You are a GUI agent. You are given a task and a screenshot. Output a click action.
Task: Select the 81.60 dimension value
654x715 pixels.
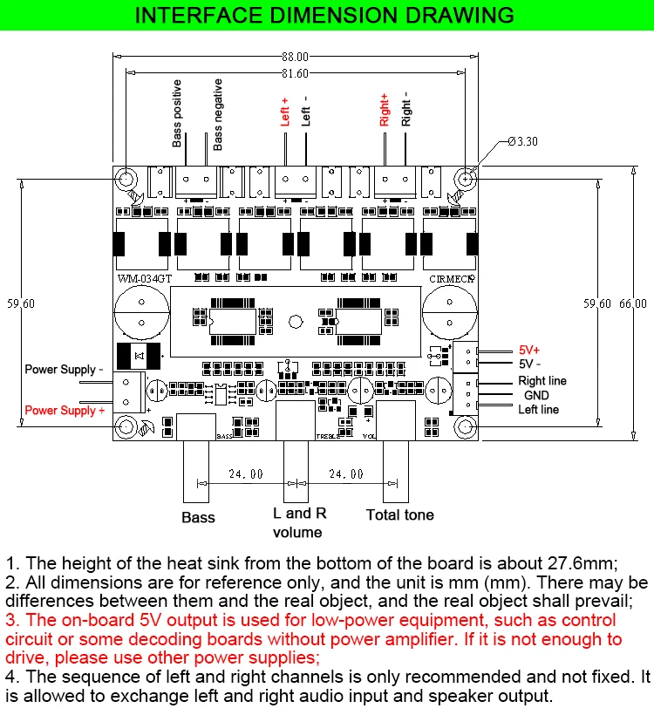click(x=296, y=74)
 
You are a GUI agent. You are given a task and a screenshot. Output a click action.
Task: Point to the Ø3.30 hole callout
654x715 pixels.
click(x=524, y=141)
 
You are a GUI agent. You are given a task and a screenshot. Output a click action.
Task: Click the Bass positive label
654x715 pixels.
click(x=178, y=113)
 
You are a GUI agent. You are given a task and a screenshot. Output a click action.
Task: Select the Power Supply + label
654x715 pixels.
click(x=65, y=410)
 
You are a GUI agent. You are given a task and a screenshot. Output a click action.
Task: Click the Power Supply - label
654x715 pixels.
click(x=64, y=370)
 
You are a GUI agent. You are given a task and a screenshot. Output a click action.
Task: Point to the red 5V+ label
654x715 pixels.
click(x=529, y=349)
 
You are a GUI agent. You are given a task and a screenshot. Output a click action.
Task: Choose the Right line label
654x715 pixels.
click(x=542, y=381)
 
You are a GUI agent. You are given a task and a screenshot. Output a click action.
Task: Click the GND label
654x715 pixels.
click(x=536, y=395)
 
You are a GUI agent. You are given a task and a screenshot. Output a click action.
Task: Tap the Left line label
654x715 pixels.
click(x=539, y=409)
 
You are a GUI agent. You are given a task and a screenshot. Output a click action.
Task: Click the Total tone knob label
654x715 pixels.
click(x=399, y=514)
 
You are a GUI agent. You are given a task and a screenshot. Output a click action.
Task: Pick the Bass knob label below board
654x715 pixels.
click(x=198, y=517)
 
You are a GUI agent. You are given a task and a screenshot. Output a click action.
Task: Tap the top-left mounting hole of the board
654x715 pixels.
click(x=127, y=179)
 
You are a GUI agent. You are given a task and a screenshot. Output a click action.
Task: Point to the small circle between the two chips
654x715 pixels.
click(x=296, y=322)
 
